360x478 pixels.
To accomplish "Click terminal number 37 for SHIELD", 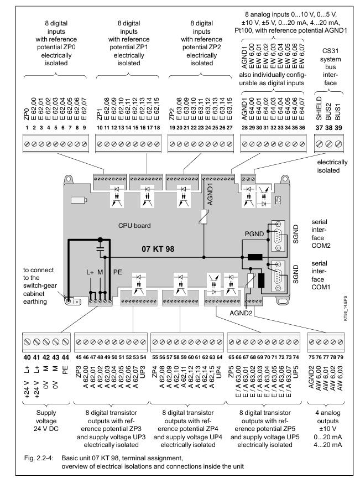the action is [x=319, y=128].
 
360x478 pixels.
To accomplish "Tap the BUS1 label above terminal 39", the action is [x=338, y=112].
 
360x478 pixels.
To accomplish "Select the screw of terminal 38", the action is [x=328, y=144].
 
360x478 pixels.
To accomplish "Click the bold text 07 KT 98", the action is [x=158, y=249].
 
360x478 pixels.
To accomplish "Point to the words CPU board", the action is [x=134, y=226].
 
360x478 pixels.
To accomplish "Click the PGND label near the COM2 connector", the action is [x=254, y=234].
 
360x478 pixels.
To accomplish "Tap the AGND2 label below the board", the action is [x=241, y=313].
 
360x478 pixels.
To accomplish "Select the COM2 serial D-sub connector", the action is [x=278, y=236].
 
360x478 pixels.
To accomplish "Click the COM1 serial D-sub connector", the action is [x=278, y=277].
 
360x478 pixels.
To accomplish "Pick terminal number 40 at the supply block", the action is [x=27, y=357].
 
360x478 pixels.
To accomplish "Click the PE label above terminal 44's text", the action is [x=65, y=370].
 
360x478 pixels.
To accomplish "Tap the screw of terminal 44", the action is [x=65, y=342].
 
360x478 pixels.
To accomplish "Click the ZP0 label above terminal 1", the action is [x=27, y=115].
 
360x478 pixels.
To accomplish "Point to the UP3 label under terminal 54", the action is [x=143, y=372].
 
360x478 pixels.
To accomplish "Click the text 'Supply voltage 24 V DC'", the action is [x=46, y=421].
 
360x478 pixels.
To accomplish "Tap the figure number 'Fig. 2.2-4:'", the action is [x=39, y=458].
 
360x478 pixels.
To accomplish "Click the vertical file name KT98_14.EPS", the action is [x=346, y=308].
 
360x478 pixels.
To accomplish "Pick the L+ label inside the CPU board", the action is [x=90, y=272].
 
